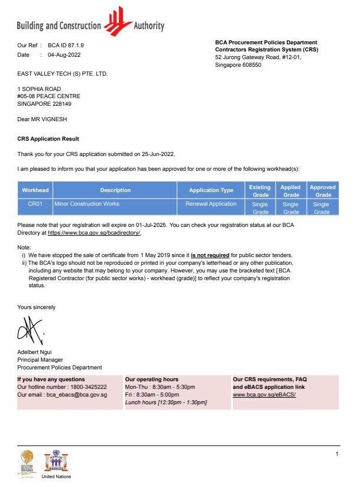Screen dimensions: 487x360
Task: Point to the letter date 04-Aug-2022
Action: click(x=64, y=55)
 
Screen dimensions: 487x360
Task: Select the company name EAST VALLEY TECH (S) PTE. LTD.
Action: click(x=63, y=74)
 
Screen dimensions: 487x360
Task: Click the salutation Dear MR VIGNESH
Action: click(x=43, y=119)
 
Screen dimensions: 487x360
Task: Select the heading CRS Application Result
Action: click(x=48, y=139)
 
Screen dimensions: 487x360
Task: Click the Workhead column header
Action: click(x=35, y=190)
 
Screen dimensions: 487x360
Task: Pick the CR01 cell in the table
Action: click(x=35, y=204)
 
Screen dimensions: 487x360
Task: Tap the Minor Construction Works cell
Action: click(x=87, y=204)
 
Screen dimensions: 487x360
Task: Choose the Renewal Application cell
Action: click(x=211, y=204)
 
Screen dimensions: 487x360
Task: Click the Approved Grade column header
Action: click(x=323, y=190)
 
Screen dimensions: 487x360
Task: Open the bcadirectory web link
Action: click(x=94, y=233)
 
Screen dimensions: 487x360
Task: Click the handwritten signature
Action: click(x=32, y=332)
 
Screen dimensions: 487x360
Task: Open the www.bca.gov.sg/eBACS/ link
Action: click(x=264, y=394)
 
